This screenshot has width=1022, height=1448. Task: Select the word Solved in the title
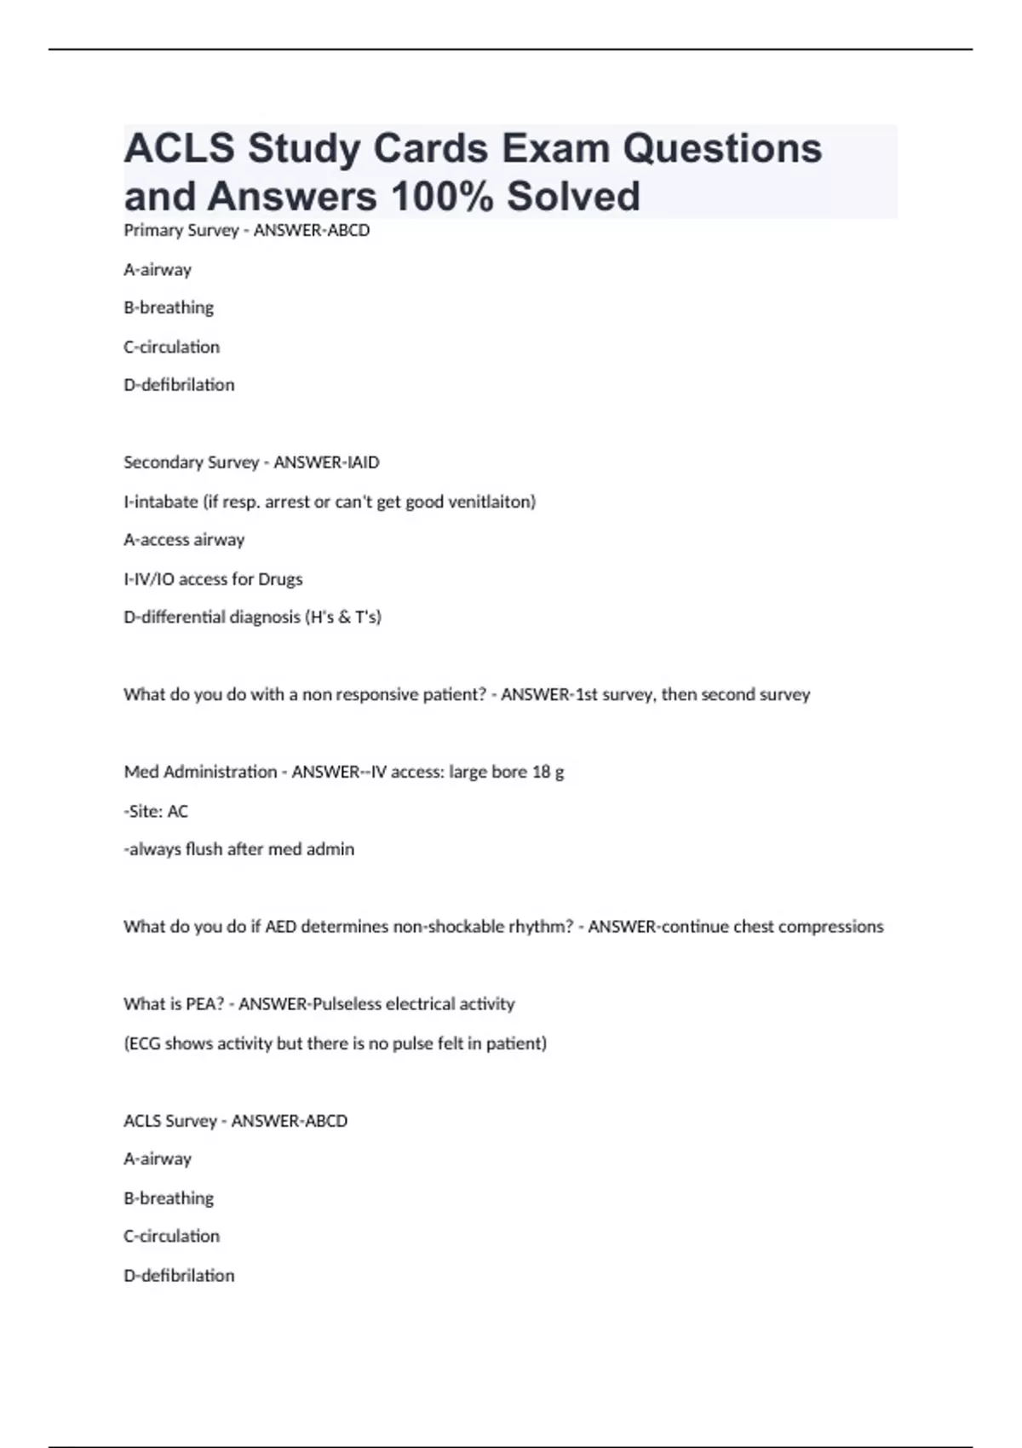[573, 196]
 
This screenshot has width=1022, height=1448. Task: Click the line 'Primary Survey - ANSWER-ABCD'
[246, 230]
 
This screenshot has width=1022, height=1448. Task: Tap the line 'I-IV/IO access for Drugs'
[213, 579]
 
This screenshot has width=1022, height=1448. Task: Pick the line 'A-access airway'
[184, 540]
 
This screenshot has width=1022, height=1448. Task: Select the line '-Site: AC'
[156, 811]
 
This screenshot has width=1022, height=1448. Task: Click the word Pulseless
[347, 1004]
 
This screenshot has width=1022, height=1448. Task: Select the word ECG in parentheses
[144, 1043]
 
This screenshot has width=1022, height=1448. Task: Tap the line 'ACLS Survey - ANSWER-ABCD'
[235, 1121]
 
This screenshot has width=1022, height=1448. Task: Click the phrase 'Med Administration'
[200, 772]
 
